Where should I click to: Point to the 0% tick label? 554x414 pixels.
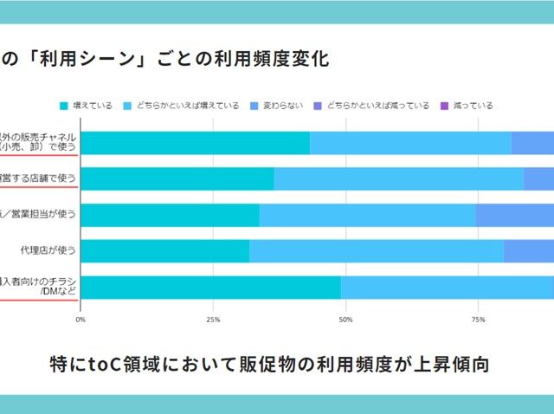tap(81, 320)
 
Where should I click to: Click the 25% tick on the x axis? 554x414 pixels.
tap(213, 320)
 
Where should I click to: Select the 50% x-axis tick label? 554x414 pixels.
tap(345, 320)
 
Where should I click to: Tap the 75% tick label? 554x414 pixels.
tap(478, 320)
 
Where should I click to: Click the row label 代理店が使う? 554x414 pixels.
tap(48, 251)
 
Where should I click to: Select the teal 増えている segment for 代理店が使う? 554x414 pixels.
tap(164, 251)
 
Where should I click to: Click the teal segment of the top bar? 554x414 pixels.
tap(195, 143)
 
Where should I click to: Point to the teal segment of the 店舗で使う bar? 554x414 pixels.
tap(177, 178)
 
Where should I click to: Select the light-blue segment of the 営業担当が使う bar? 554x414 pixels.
tap(367, 215)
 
